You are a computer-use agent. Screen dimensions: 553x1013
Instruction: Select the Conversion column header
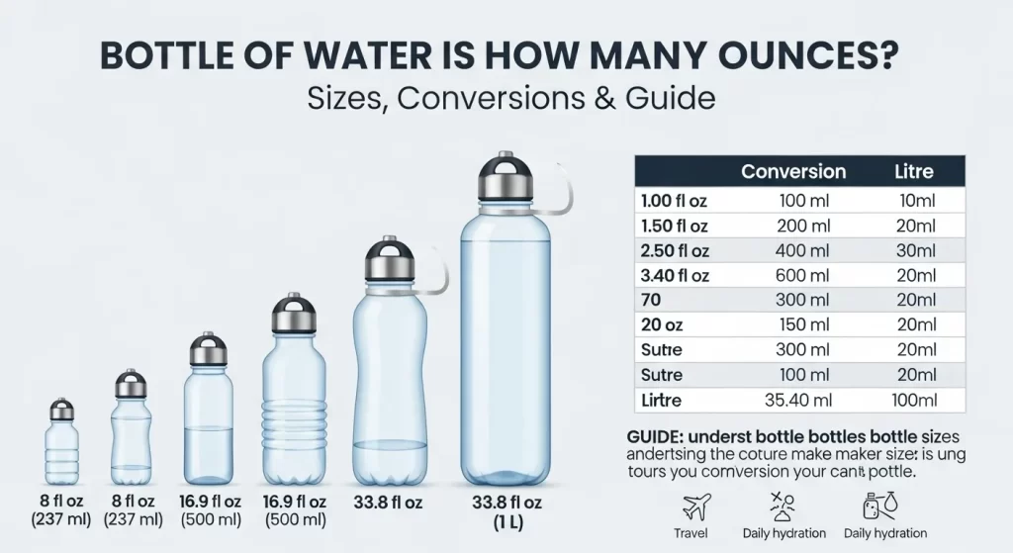point(793,171)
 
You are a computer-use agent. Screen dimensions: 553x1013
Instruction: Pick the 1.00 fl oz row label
point(674,201)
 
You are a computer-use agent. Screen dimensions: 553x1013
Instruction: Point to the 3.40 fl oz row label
point(674,276)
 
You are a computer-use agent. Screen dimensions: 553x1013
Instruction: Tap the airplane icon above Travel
point(698,507)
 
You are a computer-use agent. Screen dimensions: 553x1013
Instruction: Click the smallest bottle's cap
point(61,409)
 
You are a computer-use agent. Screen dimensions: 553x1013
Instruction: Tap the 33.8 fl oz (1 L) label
point(506,511)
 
